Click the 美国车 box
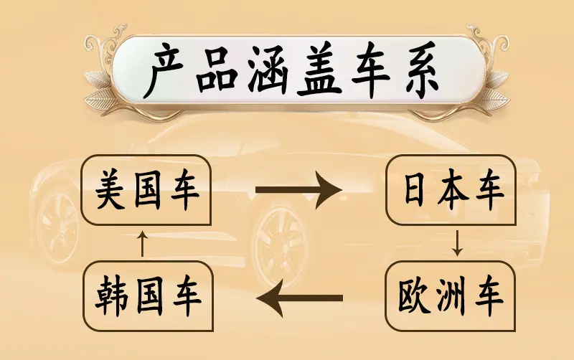click(146, 190)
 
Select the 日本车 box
click(451, 190)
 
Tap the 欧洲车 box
click(451, 296)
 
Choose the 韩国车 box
click(148, 296)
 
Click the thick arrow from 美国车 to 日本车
click(298, 190)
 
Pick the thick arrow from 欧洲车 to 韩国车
click(300, 298)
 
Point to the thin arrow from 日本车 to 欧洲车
click(457, 242)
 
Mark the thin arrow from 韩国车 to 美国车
click(142, 244)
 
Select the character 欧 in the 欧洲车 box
click(415, 295)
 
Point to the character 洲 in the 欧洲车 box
click(451, 295)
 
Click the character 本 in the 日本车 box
click(453, 189)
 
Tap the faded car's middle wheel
click(280, 246)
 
